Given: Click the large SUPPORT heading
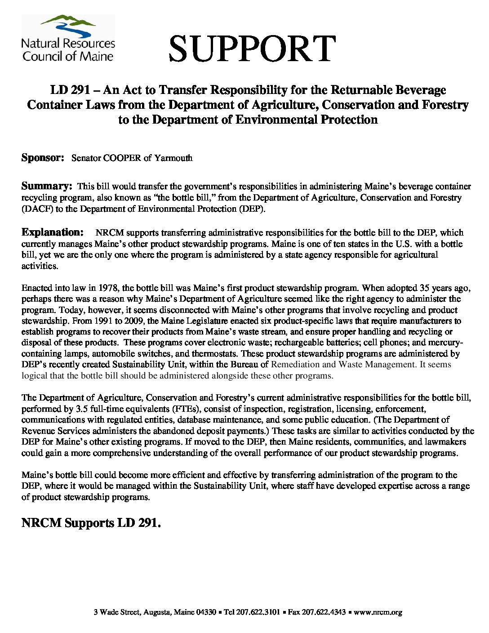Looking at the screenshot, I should [x=252, y=49].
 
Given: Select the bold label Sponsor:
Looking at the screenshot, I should [x=43, y=158].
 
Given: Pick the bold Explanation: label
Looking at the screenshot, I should [x=53, y=232].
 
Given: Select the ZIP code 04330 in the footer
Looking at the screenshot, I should [x=206, y=612].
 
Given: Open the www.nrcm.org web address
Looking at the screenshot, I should [x=378, y=612].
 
